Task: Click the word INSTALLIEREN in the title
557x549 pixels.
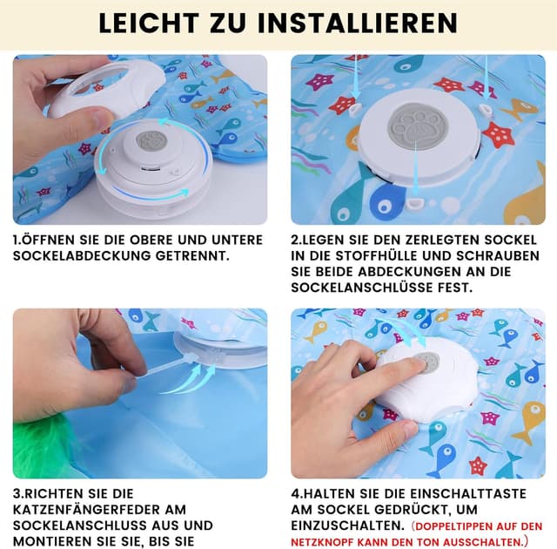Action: [359, 24]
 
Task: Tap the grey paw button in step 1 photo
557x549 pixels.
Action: [152, 141]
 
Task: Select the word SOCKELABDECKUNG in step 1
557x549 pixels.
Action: [82, 255]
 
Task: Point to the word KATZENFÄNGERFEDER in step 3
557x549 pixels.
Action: [100, 510]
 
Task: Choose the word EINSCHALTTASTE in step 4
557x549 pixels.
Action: [468, 493]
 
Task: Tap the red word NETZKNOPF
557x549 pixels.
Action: [323, 543]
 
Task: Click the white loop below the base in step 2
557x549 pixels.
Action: [414, 203]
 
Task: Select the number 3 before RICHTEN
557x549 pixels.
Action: [17, 493]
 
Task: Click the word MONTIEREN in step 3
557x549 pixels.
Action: [50, 541]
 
